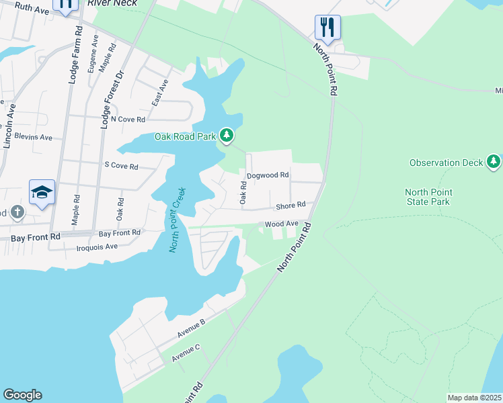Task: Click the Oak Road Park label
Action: [186, 136]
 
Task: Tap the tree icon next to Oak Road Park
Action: [227, 136]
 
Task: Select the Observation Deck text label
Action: [447, 163]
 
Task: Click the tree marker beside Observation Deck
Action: [494, 161]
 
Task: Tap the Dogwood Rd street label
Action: [268, 175]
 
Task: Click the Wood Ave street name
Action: [281, 224]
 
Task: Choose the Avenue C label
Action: [185, 353]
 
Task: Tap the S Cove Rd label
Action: [121, 166]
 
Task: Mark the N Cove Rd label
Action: [128, 119]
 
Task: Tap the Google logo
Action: [22, 395]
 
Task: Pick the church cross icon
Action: [17, 213]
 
